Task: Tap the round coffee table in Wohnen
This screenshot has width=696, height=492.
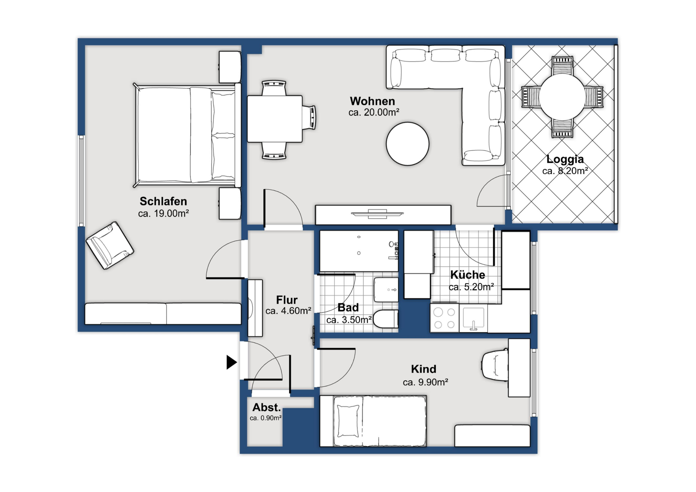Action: tap(407, 144)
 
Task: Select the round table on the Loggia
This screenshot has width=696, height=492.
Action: tap(562, 97)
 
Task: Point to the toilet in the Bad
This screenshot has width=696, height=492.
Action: tap(386, 319)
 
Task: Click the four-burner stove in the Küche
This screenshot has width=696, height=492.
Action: tap(444, 318)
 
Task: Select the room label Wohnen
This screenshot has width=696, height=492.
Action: tap(372, 101)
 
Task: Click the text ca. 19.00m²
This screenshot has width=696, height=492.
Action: tap(164, 213)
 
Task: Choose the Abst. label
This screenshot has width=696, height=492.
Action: tap(267, 407)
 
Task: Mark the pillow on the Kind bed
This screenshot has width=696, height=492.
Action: tap(348, 421)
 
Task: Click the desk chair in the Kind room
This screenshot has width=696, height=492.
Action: tap(495, 365)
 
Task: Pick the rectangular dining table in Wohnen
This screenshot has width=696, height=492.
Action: tap(275, 119)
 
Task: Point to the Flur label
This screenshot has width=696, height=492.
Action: tap(287, 300)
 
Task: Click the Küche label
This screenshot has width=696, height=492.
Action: tap(468, 275)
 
